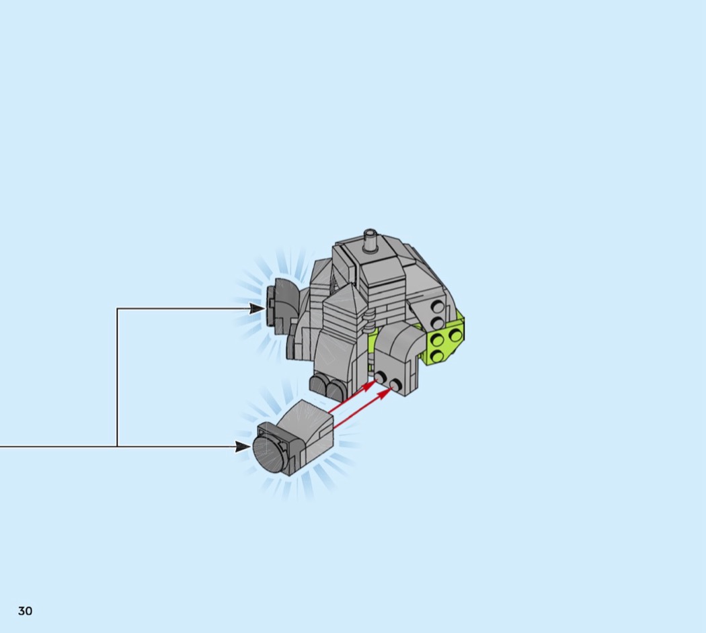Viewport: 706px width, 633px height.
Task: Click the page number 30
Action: tap(26, 611)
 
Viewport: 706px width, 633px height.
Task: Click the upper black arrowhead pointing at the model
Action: tap(257, 308)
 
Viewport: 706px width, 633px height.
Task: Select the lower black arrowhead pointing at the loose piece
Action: tap(243, 447)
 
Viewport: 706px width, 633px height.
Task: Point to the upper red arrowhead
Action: tap(369, 385)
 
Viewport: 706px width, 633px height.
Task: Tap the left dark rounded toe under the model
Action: tap(319, 386)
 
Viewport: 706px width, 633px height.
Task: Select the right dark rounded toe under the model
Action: tap(335, 390)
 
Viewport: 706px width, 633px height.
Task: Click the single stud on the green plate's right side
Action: tap(455, 334)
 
